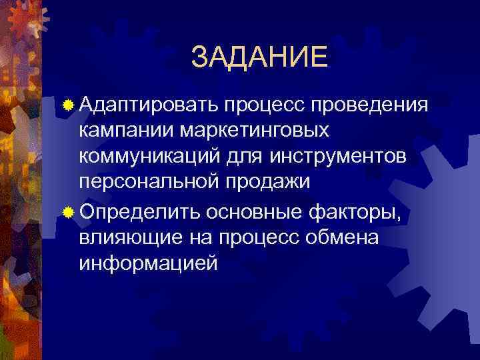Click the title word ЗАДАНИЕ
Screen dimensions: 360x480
(x=259, y=57)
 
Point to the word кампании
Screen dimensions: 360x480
(x=116, y=129)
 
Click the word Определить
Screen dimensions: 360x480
(x=140, y=213)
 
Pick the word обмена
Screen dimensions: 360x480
(x=343, y=238)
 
